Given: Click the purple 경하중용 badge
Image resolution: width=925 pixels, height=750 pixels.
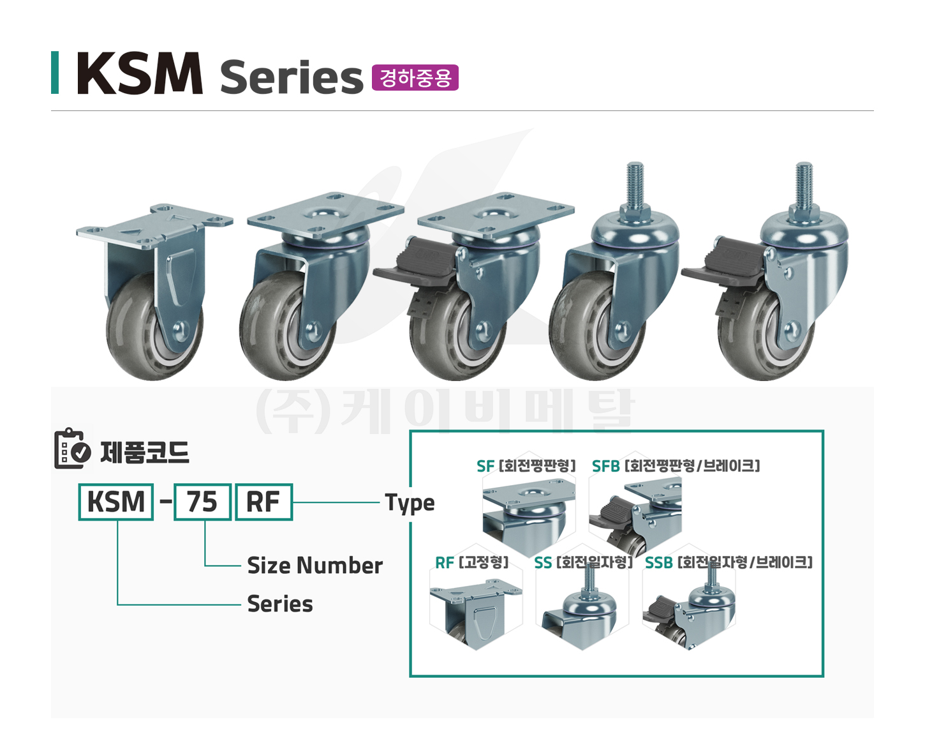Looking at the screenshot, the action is coord(415,77).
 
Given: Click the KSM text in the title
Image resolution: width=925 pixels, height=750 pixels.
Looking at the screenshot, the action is coord(140,73).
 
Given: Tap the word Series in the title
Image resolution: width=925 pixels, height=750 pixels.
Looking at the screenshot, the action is coord(292,77).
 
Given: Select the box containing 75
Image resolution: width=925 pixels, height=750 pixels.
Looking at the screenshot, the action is coord(202,502).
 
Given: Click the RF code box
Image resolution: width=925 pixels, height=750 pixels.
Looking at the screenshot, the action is coord(263,502).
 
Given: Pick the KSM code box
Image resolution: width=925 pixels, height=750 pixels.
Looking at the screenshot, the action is coord(116,502).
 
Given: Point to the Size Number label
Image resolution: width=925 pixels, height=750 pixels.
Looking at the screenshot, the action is coord(315,566).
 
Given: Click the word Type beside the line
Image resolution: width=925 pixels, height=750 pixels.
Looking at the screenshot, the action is coord(410,504).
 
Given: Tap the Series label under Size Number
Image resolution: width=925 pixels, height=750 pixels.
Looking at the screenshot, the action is coord(280,604).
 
